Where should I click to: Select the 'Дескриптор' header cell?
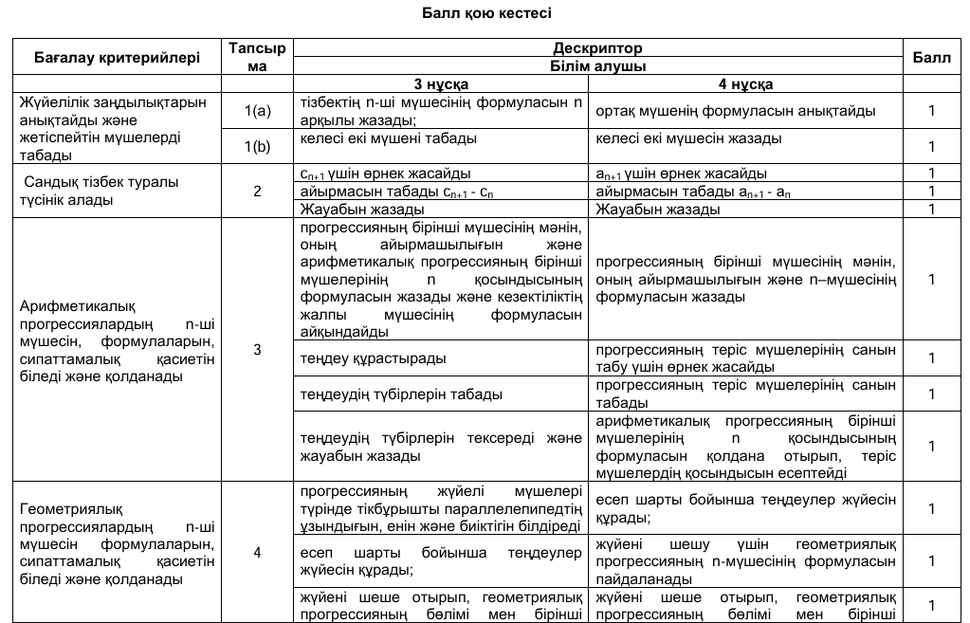click(597, 47)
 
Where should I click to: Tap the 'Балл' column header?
click(931, 57)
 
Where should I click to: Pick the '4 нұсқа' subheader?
click(744, 83)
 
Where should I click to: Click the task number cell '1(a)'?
click(257, 111)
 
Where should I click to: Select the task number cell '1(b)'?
click(257, 146)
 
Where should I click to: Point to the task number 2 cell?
click(257, 191)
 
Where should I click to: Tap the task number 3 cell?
click(257, 350)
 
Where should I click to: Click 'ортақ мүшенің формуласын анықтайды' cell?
click(736, 111)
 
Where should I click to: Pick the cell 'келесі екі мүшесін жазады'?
click(689, 138)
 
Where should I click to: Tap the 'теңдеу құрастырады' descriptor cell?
click(374, 358)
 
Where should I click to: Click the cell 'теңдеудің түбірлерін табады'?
click(401, 394)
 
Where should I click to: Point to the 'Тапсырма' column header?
click(257, 57)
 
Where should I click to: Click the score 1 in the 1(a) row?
click(931, 111)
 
